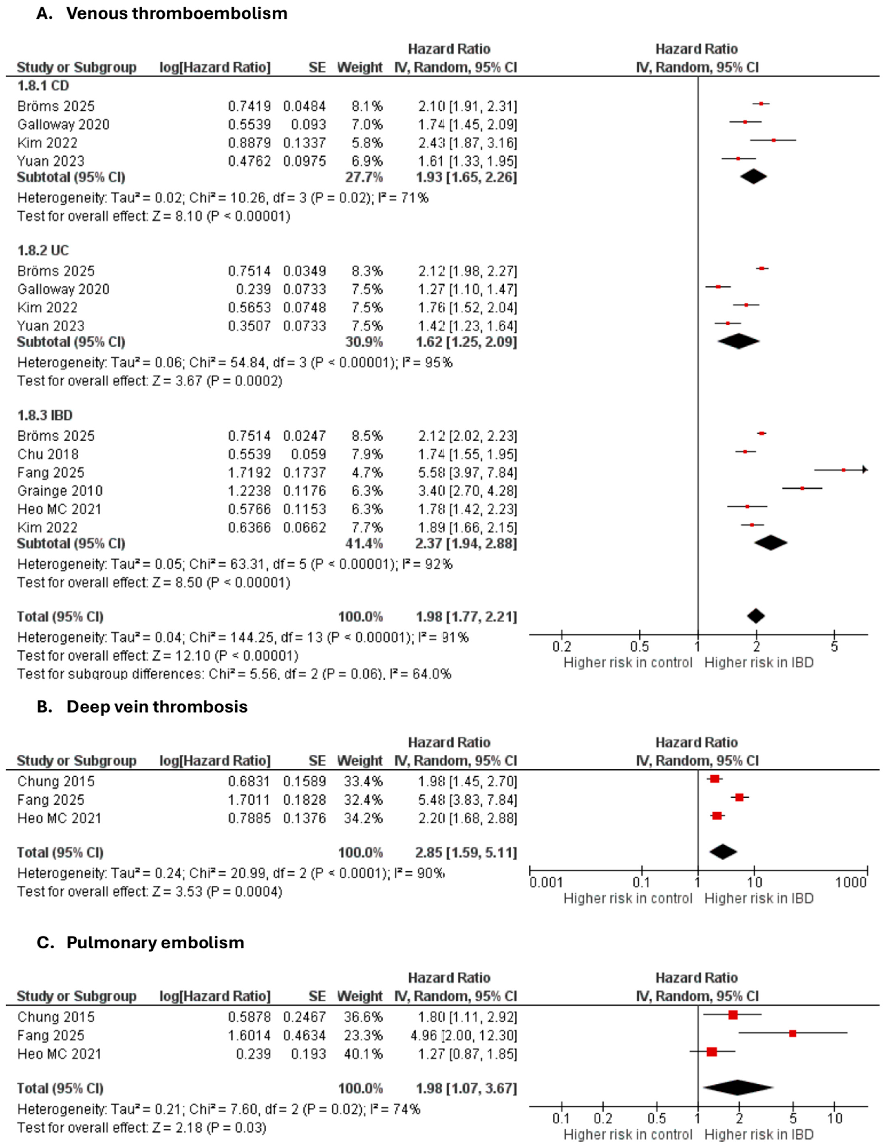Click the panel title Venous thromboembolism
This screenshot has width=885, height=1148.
[177, 13]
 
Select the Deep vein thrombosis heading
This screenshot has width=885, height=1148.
[157, 706]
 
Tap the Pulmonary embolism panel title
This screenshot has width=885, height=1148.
[155, 943]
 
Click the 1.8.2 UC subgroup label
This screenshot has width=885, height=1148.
[43, 250]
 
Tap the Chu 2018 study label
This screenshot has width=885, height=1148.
[48, 454]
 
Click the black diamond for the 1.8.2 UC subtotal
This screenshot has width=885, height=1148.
[738, 342]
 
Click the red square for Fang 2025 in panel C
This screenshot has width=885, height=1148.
[792, 1033]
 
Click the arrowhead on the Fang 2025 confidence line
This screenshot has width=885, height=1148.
[865, 470]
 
